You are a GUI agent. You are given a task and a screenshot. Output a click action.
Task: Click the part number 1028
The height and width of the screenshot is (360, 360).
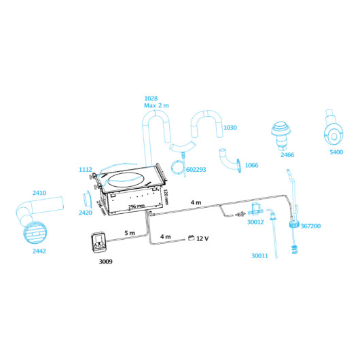151,98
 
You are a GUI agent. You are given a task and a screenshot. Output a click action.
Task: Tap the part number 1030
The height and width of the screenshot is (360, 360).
230,128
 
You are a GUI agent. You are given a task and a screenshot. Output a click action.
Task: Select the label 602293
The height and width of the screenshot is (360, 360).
196,170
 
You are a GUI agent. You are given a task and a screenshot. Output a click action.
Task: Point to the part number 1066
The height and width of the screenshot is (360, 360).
251,165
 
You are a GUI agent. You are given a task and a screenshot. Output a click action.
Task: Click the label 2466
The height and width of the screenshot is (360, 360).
287,155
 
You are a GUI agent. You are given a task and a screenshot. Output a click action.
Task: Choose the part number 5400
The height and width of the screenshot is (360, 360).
336,152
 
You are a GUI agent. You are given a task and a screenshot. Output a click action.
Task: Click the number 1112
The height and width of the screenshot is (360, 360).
86,170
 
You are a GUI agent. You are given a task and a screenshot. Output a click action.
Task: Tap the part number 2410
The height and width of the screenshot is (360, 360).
39,193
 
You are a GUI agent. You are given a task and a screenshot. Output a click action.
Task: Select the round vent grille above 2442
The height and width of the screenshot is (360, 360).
35,232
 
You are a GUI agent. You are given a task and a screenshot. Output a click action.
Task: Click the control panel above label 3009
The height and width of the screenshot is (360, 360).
98,242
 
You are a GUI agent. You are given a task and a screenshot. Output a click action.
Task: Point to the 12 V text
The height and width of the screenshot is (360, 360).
202,239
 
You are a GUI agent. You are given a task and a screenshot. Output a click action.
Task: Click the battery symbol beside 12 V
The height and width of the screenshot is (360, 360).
191,238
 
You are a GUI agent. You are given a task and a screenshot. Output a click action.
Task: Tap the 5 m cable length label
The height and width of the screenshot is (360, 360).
130,233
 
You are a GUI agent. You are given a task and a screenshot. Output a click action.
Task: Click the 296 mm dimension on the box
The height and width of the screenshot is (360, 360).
137,206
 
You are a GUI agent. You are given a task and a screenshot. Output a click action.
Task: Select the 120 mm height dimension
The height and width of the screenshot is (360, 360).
166,197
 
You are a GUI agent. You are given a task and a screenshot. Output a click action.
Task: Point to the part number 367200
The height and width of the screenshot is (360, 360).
310,226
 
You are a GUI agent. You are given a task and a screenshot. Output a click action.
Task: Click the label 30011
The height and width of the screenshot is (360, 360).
259,256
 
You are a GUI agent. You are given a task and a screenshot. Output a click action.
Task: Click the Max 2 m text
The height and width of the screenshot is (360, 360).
156,105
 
